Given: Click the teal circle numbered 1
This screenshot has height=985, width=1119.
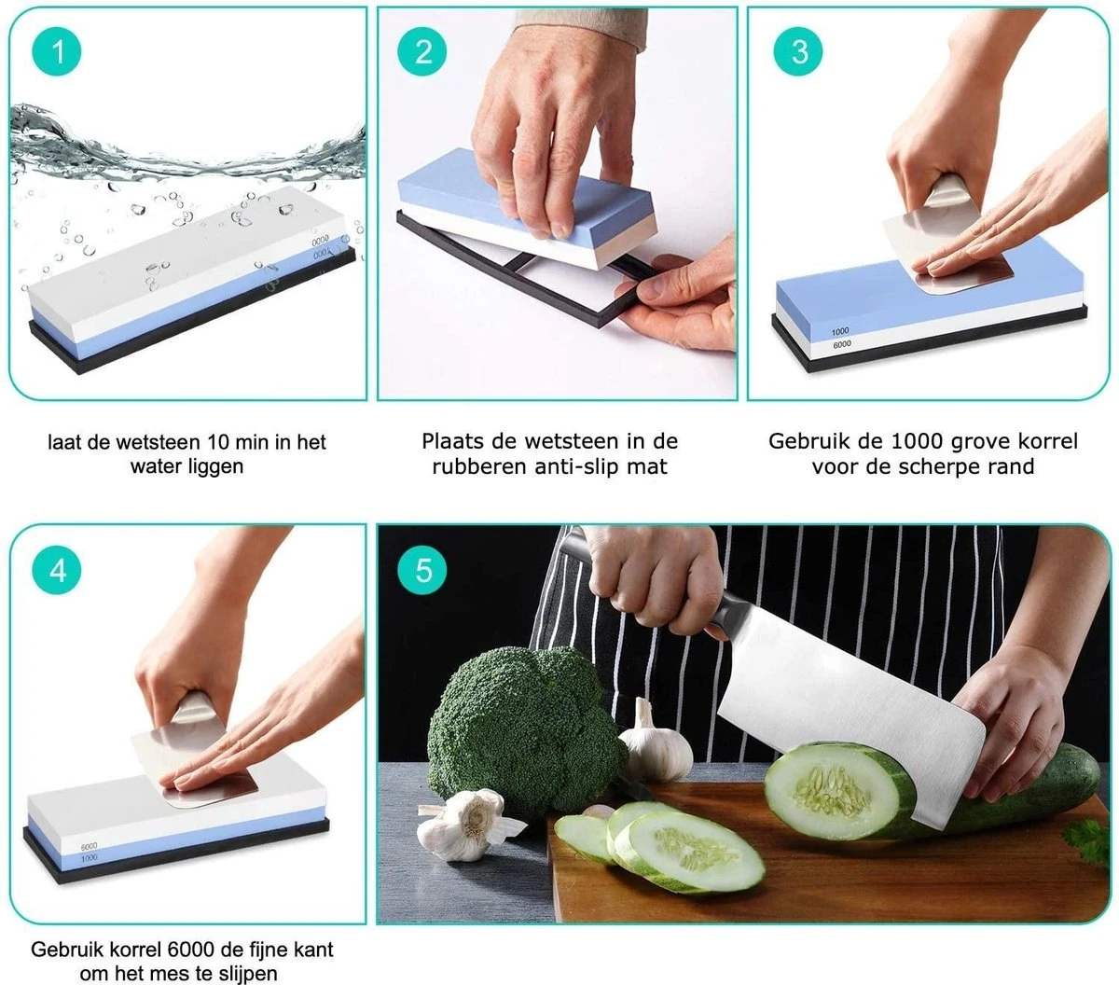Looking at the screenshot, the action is (57, 51).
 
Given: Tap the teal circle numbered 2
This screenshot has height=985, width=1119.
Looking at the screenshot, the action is (422, 51).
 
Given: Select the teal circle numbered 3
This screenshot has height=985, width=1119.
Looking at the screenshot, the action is (798, 51).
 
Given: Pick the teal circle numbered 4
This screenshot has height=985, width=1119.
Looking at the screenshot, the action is (57, 570).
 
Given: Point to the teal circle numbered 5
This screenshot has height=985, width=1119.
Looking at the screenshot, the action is (422, 570).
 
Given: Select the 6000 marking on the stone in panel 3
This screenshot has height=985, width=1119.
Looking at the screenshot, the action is (842, 344).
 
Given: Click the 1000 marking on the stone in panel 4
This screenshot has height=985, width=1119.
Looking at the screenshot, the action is (89, 858).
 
